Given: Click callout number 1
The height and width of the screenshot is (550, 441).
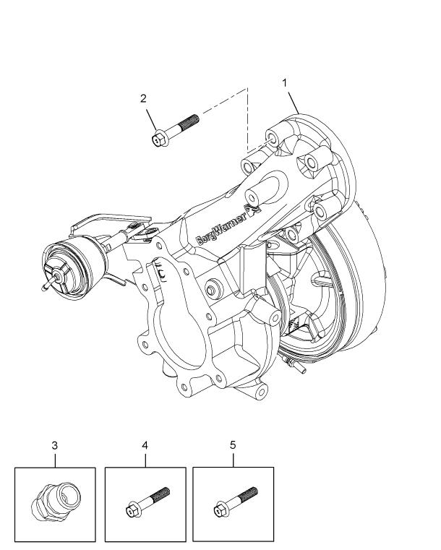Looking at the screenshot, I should (x=285, y=82).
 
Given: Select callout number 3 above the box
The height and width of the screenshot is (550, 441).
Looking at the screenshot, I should (x=54, y=446).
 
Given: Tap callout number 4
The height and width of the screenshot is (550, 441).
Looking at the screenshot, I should (x=145, y=446).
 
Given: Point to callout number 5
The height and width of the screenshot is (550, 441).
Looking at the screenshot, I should (x=233, y=445).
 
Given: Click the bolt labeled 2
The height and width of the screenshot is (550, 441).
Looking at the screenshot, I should (x=177, y=128).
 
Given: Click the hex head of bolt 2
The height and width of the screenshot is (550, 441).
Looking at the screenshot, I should (x=160, y=139).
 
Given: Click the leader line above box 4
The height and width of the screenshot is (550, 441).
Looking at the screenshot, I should (x=145, y=460).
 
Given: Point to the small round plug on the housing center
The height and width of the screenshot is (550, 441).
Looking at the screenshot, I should (x=212, y=288).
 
